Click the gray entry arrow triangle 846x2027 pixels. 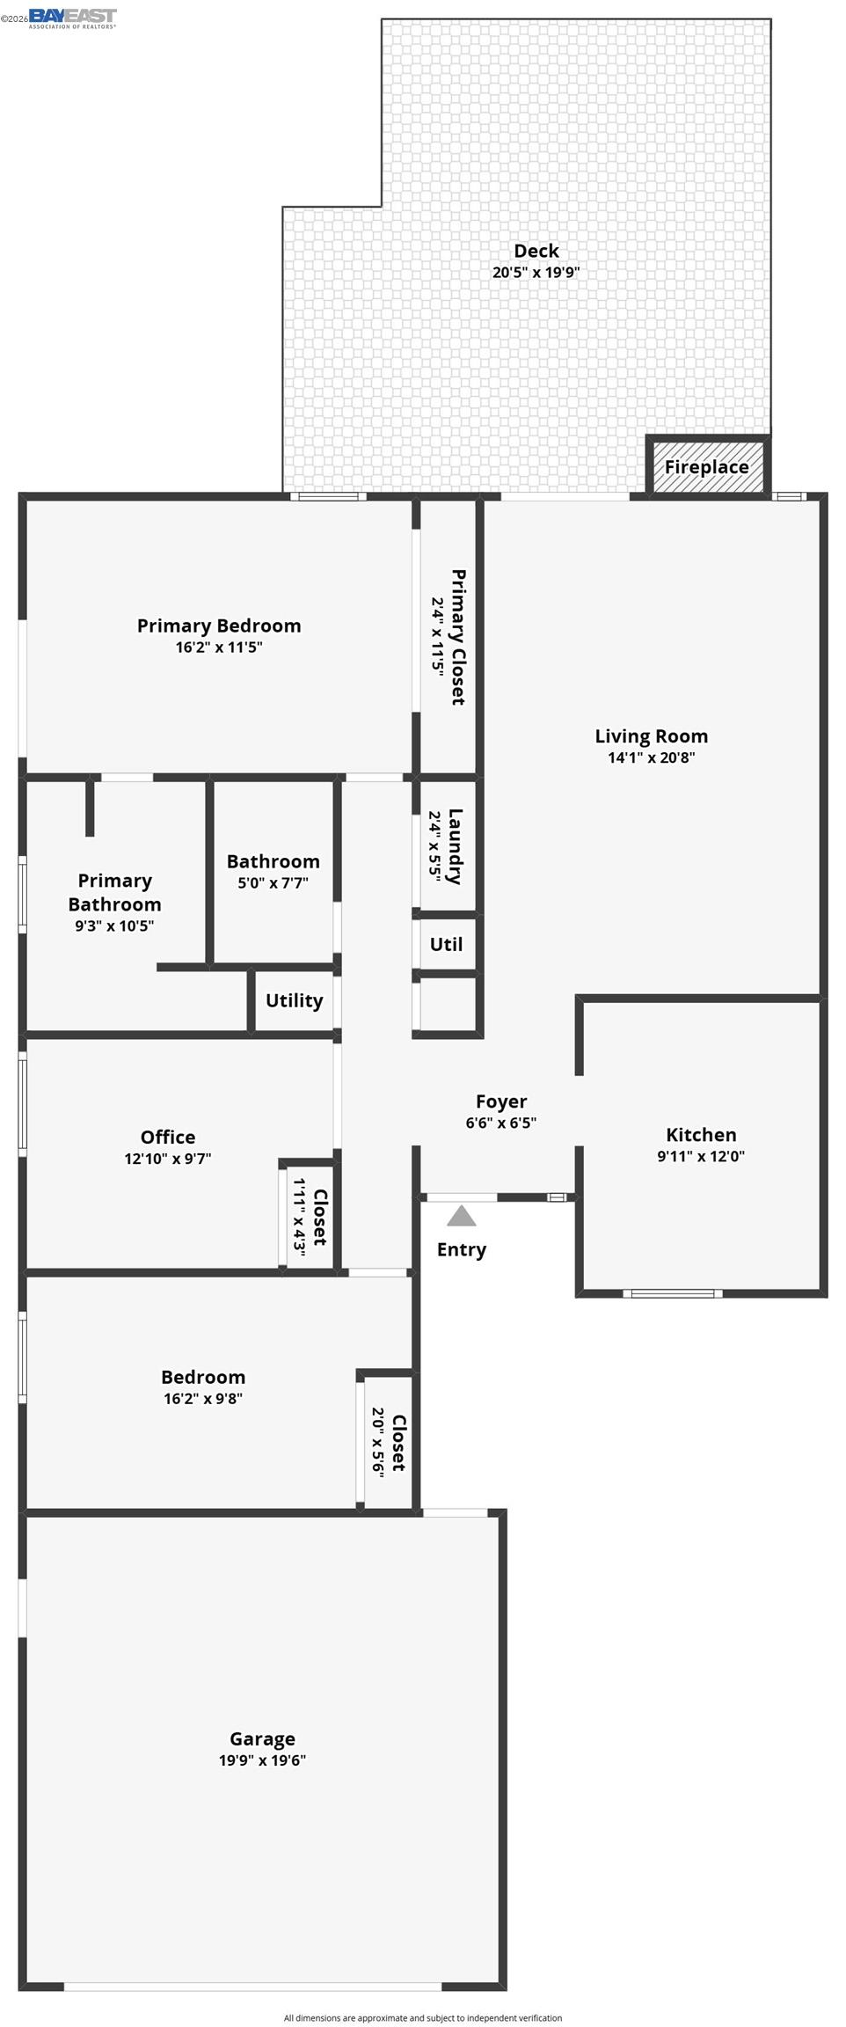pyautogui.click(x=461, y=1216)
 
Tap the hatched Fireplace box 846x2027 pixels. pyautogui.click(x=706, y=467)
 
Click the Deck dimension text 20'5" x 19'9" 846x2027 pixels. pyautogui.click(x=536, y=273)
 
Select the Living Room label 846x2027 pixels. pyautogui.click(x=651, y=736)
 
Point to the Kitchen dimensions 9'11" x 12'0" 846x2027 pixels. pyautogui.click(x=700, y=1156)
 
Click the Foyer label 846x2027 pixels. pyautogui.click(x=501, y=1101)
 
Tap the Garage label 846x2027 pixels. pyautogui.click(x=262, y=1738)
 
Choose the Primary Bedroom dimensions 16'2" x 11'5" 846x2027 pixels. pyautogui.click(x=219, y=648)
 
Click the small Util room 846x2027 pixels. pyautogui.click(x=446, y=944)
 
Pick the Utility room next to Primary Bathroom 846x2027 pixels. pyautogui.click(x=294, y=1000)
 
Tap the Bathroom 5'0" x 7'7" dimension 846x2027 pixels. pyautogui.click(x=273, y=883)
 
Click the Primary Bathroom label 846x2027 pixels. pyautogui.click(x=114, y=892)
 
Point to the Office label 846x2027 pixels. pyautogui.click(x=167, y=1137)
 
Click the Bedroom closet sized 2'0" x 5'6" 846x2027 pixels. pyautogui.click(x=388, y=1443)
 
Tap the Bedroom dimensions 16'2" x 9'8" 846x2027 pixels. pyautogui.click(x=203, y=1399)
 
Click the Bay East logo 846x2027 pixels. pyautogui.click(x=72, y=18)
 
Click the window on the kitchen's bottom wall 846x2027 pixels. pyautogui.click(x=673, y=1293)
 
